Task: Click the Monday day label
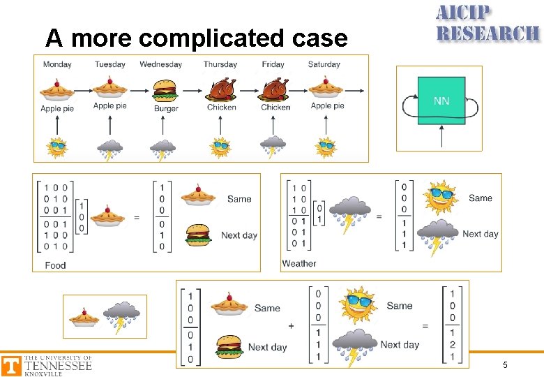point(57,64)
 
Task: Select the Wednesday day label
point(160,64)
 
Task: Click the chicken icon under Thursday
point(221,90)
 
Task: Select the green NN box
point(441,101)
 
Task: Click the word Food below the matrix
point(55,265)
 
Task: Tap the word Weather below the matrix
point(299,264)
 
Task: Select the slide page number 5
point(505,366)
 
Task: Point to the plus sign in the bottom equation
point(291,325)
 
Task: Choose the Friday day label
point(273,64)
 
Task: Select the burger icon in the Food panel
point(199,235)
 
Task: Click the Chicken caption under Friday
point(275,108)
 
